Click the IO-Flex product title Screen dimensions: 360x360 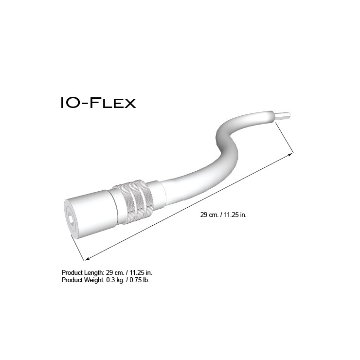point(98,103)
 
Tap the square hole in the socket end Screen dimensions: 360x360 point(71,219)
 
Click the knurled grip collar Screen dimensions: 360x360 point(134,202)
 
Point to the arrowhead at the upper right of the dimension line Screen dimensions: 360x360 point(290,155)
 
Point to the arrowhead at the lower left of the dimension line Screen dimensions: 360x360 point(87,259)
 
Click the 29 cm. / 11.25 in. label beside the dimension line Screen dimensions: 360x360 point(223,215)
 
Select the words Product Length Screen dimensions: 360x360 point(83,273)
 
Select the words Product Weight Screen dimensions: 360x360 point(83,280)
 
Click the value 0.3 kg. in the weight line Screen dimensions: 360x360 point(115,280)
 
